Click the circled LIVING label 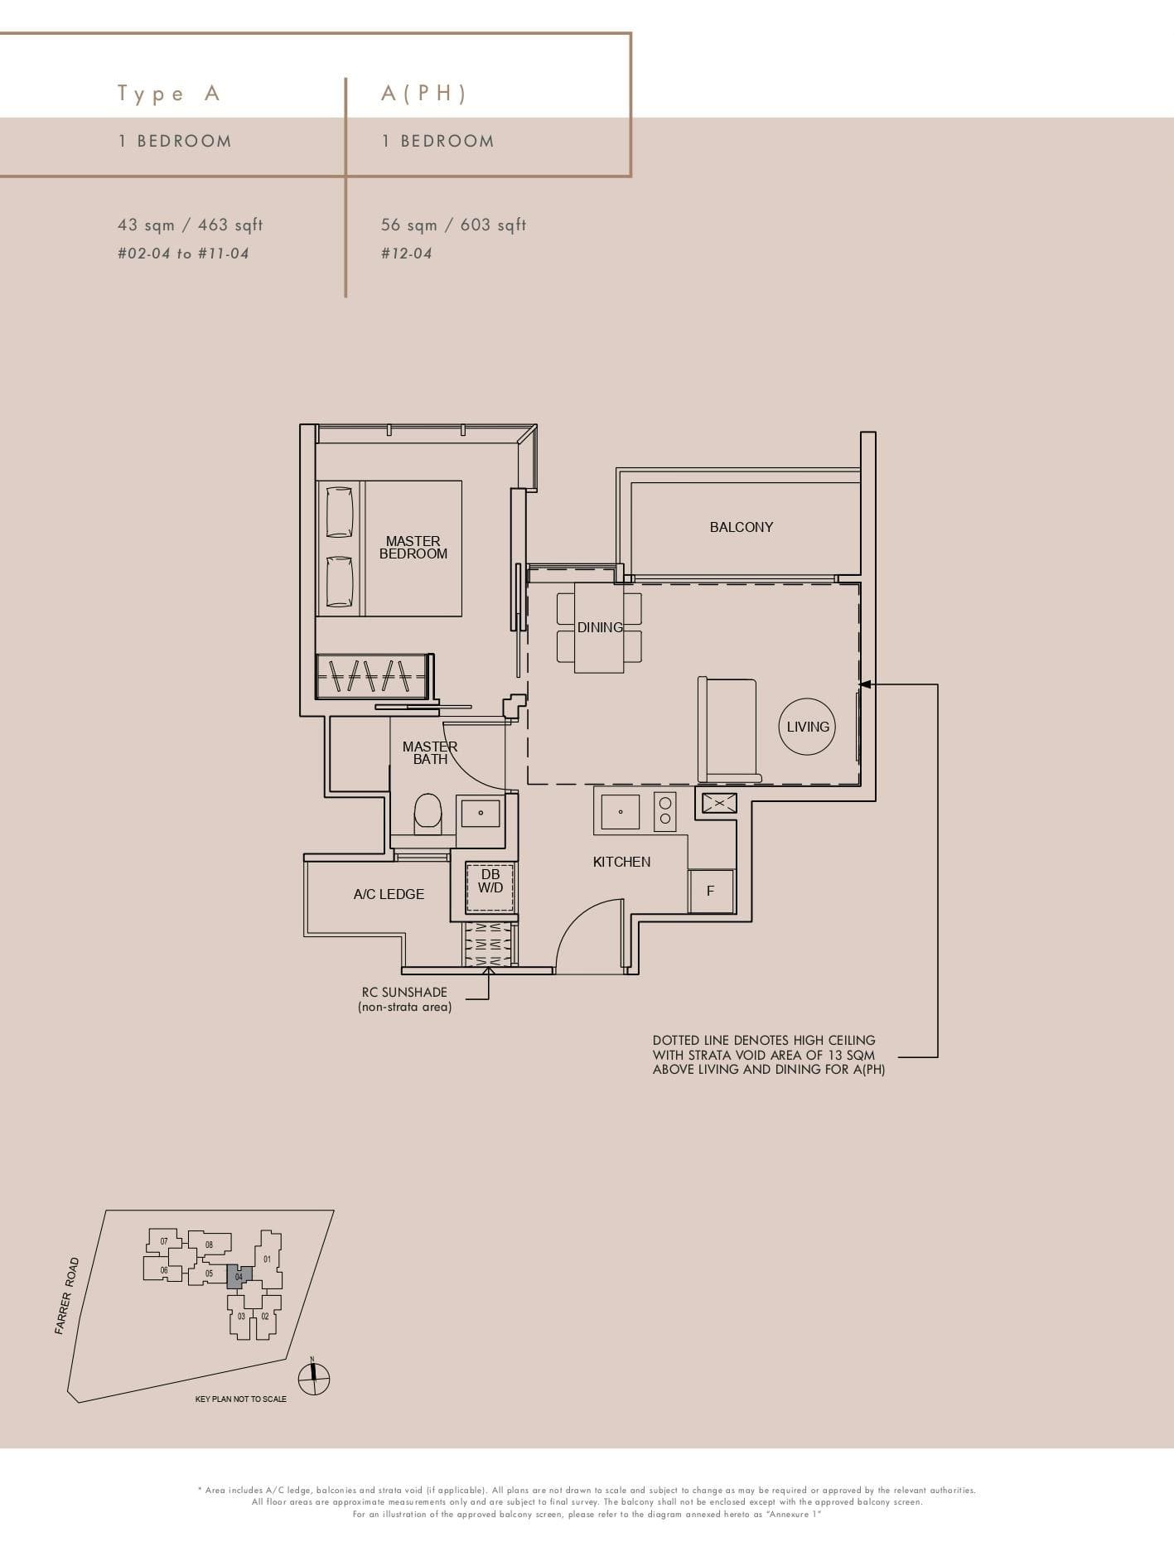(807, 727)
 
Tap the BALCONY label (741, 527)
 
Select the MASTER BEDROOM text (413, 548)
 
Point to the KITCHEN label (621, 862)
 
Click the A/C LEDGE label (389, 894)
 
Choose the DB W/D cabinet (490, 887)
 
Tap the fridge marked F (711, 892)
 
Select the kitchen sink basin (620, 812)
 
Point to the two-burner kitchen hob (664, 811)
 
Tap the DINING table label (600, 627)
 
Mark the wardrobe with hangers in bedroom (371, 675)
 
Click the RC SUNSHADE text (404, 993)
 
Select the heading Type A (169, 94)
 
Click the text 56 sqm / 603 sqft (453, 225)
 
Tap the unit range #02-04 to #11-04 (183, 254)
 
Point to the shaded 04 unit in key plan (239, 1277)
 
